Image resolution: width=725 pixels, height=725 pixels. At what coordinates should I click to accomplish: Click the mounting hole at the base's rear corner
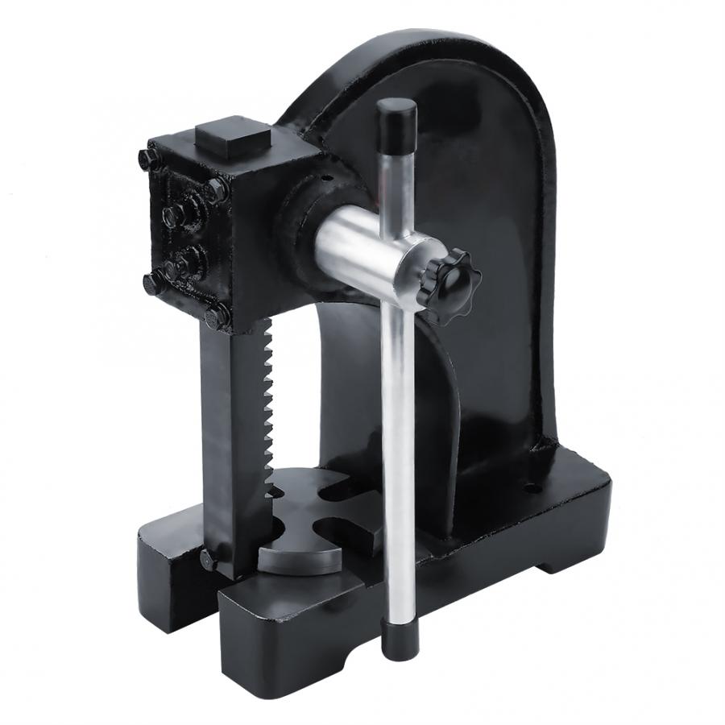[532, 487]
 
